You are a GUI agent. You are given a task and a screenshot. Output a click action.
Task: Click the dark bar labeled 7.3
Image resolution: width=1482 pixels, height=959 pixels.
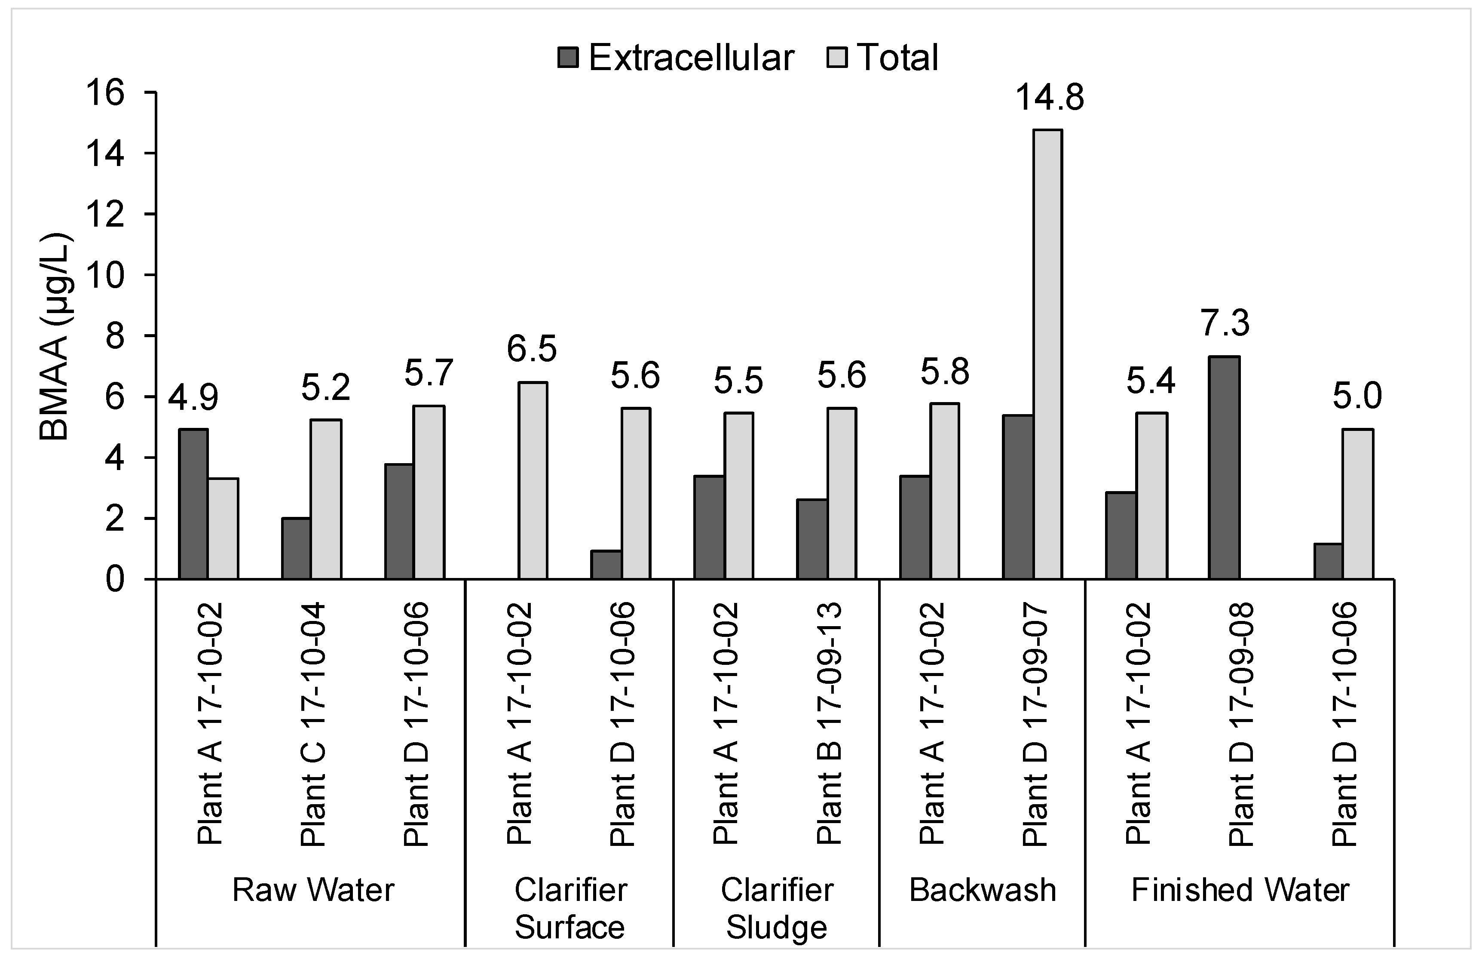tap(1224, 467)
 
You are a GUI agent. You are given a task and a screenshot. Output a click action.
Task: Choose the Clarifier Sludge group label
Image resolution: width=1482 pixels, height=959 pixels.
tap(777, 909)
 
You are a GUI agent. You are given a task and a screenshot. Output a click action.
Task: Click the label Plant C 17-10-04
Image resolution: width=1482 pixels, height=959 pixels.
tap(312, 724)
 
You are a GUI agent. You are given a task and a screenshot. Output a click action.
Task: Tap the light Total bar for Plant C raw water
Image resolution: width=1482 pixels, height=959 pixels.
tap(326, 499)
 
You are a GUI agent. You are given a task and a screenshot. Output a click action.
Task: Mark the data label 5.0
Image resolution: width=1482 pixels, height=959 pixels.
tap(1357, 396)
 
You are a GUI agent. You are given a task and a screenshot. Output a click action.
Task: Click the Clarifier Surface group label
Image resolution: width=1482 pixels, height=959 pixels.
tap(570, 909)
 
